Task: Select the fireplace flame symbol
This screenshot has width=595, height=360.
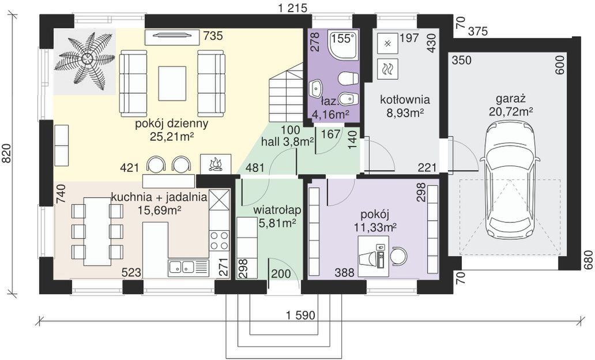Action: pos(216,164)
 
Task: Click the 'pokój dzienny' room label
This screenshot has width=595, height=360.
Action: pos(172,124)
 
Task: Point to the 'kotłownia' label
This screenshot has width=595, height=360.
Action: pos(405,99)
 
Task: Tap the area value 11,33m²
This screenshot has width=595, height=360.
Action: pos(375,227)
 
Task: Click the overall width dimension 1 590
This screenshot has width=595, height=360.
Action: pos(300,315)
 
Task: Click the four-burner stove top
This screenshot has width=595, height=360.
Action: pos(219,241)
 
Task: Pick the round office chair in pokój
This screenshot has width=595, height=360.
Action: pos(398,255)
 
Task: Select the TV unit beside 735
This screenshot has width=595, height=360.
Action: pos(172,36)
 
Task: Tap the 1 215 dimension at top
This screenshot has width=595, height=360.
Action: pos(292,8)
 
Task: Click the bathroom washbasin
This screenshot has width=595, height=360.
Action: pos(316,89)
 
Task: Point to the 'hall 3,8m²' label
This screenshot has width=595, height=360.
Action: pos(287,142)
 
